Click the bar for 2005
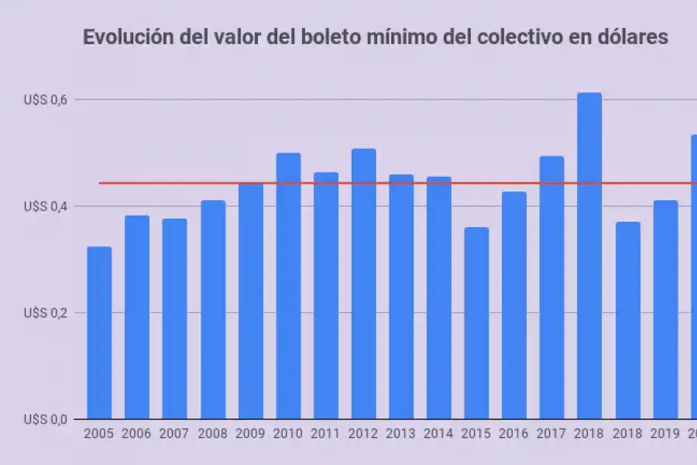[99, 333]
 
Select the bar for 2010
[288, 287]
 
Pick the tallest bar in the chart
[589, 256]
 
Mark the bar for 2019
[665, 310]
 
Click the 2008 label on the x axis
[213, 434]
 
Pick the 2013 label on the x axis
[401, 434]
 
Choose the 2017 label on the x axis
[551, 434]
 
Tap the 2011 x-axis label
[326, 434]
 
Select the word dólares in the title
[627, 37]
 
